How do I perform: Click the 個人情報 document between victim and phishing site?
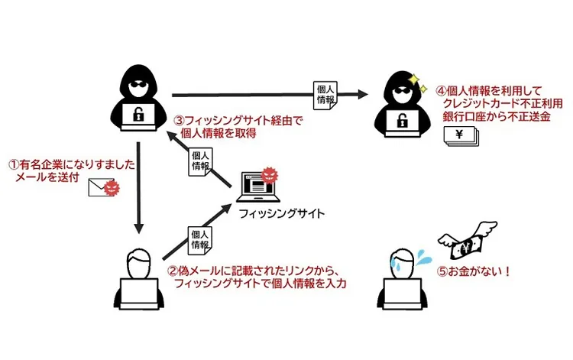tap(199, 239)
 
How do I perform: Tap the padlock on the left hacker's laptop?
tap(138, 115)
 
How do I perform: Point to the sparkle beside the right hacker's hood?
tap(415, 79)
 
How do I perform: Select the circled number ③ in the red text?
tap(180, 120)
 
